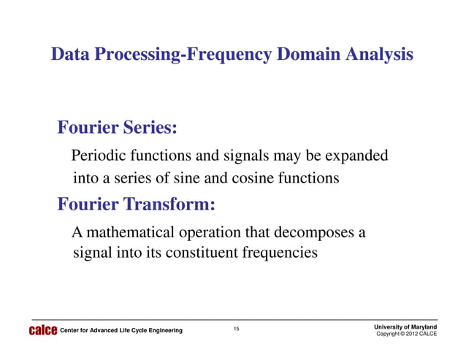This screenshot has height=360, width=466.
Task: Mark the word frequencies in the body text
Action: (x=281, y=254)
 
